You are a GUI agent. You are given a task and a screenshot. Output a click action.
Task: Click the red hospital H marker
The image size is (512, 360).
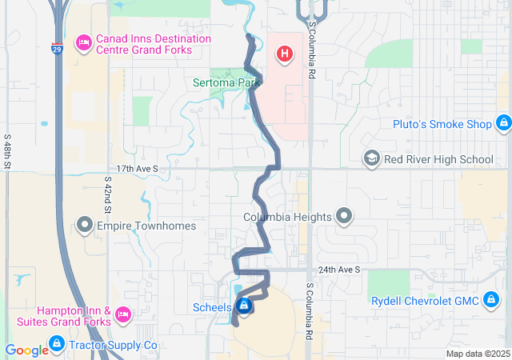click(x=283, y=54)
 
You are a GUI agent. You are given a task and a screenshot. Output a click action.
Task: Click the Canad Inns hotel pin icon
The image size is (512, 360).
click(x=83, y=43)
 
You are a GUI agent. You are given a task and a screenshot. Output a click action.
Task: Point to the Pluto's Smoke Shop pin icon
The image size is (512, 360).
click(x=503, y=123)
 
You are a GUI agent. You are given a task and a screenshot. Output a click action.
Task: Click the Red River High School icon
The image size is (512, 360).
click(x=371, y=159)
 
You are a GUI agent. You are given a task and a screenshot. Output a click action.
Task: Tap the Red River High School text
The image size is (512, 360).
click(x=438, y=159)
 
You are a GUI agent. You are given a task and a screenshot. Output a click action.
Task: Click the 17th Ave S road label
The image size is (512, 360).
click(x=138, y=170)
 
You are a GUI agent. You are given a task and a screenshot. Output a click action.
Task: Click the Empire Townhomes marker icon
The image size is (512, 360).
click(x=86, y=226)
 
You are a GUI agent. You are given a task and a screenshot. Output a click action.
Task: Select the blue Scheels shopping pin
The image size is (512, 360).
click(x=244, y=306)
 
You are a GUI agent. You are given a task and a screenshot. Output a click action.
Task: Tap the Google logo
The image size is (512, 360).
click(x=26, y=350)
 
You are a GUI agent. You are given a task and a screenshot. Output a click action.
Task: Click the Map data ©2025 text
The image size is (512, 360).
click(x=477, y=354)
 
